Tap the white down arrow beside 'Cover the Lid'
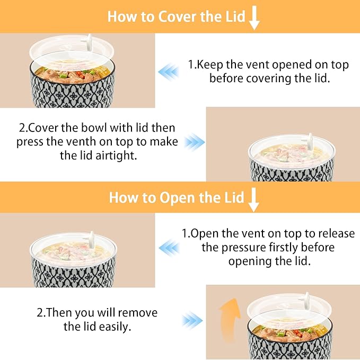click(254, 17)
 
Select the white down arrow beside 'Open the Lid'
click(253, 199)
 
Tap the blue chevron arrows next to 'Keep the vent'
click(169, 72)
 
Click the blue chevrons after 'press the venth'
click(194, 142)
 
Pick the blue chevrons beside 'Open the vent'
click(169, 248)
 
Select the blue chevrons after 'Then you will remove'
click(192, 320)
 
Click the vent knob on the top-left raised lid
click(88, 42)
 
